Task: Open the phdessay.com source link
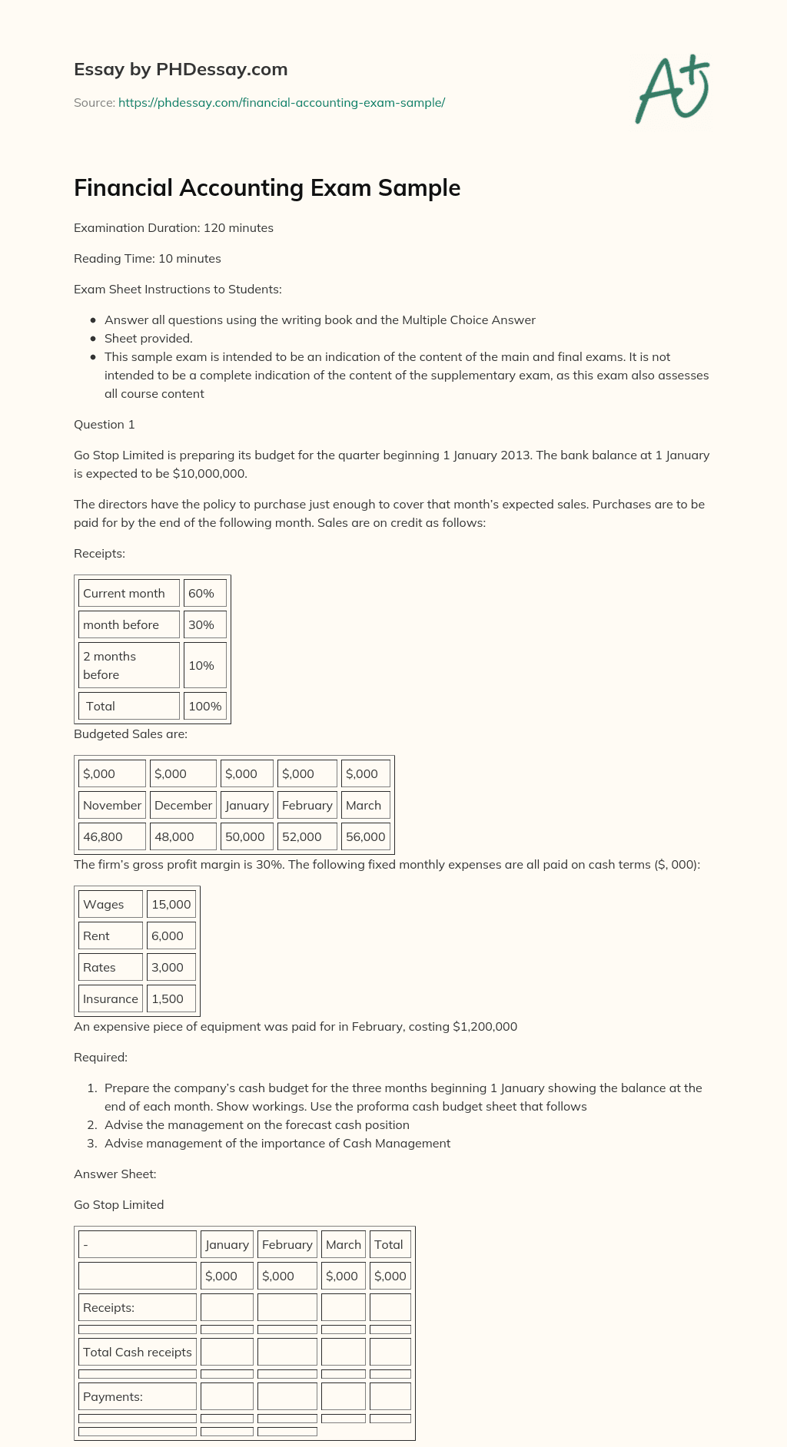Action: (x=281, y=102)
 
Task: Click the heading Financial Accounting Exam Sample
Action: (x=267, y=188)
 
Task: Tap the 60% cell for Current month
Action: (x=204, y=593)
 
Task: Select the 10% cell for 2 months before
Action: (x=204, y=665)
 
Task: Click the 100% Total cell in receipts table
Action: (x=204, y=706)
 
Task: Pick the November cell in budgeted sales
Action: (x=112, y=805)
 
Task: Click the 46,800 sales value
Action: (x=103, y=836)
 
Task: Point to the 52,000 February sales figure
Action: (x=302, y=836)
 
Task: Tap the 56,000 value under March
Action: (x=365, y=836)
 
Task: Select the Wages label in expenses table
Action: (x=104, y=904)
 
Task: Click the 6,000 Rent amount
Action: (x=168, y=935)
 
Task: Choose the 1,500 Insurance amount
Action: (x=168, y=998)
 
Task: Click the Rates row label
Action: (x=100, y=967)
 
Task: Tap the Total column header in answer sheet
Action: (x=389, y=1244)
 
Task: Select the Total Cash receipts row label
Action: (x=138, y=1352)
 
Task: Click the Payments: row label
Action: (x=113, y=1396)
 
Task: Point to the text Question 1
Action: (x=105, y=424)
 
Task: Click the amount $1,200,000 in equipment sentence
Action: (x=485, y=1026)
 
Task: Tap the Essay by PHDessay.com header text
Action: (x=181, y=69)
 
